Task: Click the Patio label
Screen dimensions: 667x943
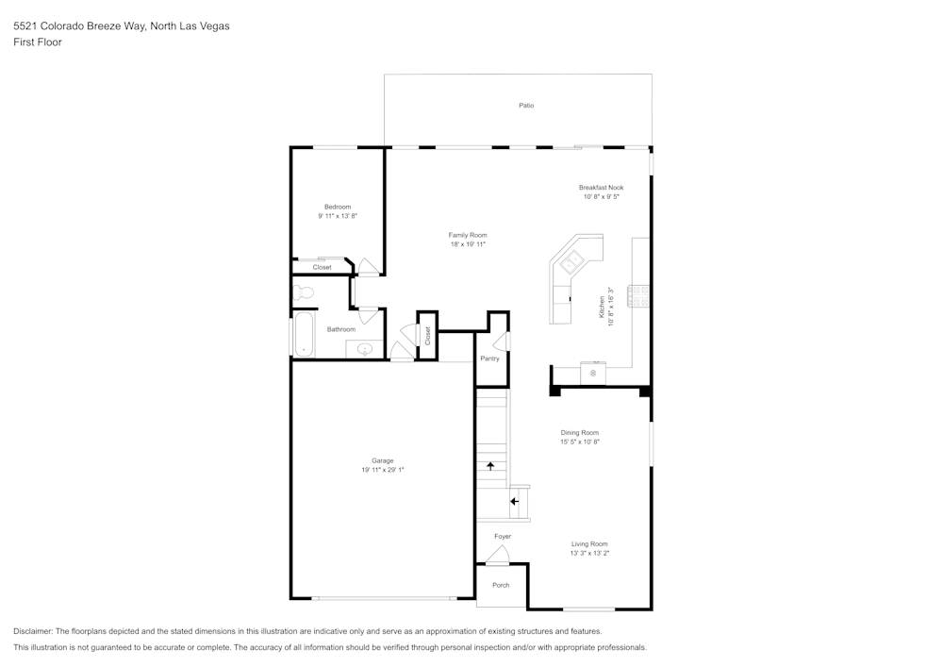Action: (526, 105)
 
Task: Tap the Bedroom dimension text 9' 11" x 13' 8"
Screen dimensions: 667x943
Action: (338, 216)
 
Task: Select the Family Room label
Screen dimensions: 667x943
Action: (468, 235)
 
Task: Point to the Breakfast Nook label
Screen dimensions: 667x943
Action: (601, 188)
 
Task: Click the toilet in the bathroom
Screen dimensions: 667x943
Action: (303, 292)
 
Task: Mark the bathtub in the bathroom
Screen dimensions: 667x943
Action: (304, 336)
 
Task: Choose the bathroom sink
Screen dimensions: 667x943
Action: (366, 350)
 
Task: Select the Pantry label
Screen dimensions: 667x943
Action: (489, 359)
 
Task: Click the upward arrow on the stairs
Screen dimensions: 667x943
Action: (490, 465)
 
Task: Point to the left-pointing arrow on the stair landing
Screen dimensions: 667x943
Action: (514, 501)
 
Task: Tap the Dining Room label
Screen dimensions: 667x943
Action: (580, 433)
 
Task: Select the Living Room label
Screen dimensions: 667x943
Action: (589, 544)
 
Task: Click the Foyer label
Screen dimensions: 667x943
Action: (503, 537)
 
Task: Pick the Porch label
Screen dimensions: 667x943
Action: (501, 585)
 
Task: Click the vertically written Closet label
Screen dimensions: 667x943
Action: (427, 335)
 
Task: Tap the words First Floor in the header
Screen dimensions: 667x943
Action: (38, 42)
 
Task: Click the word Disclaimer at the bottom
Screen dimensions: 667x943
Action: (33, 631)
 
